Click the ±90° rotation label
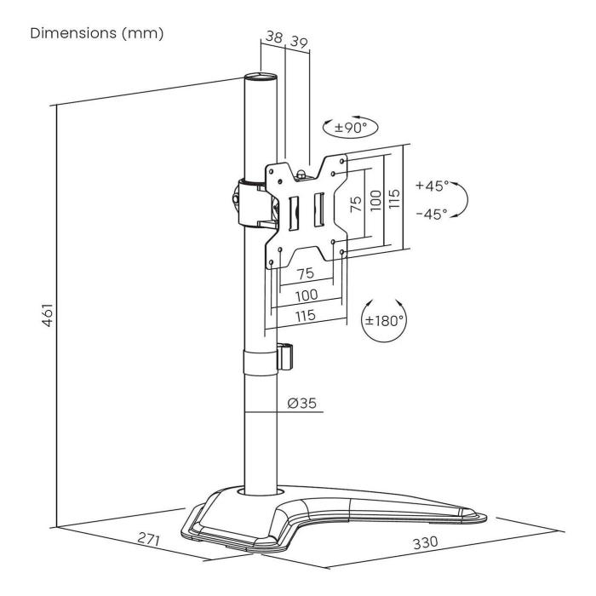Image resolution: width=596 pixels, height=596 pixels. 350,129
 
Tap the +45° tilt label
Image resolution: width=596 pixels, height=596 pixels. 432,186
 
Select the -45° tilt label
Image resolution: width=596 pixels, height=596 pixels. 432,214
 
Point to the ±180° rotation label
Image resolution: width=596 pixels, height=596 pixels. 385,322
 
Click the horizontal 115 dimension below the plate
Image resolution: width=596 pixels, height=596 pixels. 306,316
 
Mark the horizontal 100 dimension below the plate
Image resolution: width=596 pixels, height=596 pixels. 307,295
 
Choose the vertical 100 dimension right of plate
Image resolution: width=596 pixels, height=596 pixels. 375,202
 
